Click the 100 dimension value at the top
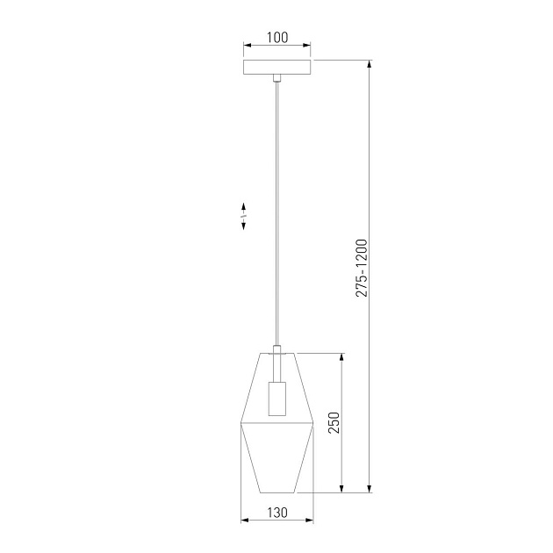[x=277, y=37]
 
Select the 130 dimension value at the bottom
[x=277, y=510]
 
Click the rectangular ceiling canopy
[x=277, y=68]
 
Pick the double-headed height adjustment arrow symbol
[x=243, y=215]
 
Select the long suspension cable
[x=277, y=211]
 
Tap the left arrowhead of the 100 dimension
[x=246, y=47]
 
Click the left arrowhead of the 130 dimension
[x=243, y=521]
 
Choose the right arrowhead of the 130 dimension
[x=311, y=521]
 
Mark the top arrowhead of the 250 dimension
[x=342, y=357]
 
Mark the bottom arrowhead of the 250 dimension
[x=342, y=490]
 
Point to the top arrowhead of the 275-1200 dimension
[x=370, y=63]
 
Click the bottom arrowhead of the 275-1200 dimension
[x=370, y=490]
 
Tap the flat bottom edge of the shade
[x=277, y=493]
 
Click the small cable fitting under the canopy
[x=277, y=79]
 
